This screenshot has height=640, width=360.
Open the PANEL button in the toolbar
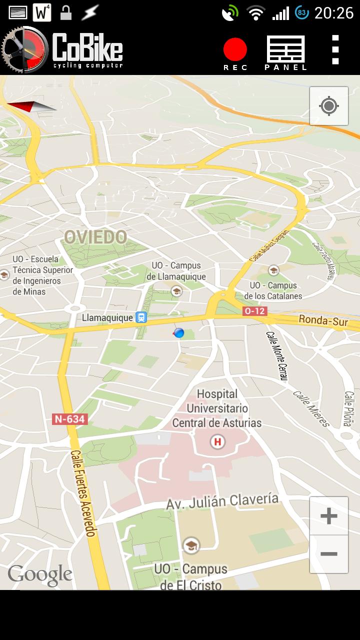[x=285, y=52]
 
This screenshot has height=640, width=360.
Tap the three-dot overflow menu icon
[x=335, y=50]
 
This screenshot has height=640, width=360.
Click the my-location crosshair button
[x=329, y=106]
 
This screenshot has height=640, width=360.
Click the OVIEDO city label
[x=95, y=237]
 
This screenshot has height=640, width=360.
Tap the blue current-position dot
[x=179, y=332]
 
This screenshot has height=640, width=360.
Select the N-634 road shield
[x=69, y=419]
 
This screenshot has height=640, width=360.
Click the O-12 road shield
[x=255, y=311]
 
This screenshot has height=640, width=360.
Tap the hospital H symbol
[x=217, y=441]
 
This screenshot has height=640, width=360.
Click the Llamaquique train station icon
[x=141, y=317]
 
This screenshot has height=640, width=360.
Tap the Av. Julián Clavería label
[x=222, y=501]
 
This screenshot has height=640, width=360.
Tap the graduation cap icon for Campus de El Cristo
[x=190, y=544]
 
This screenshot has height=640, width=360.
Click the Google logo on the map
[x=40, y=575]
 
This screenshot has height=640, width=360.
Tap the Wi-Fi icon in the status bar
[x=255, y=12]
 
